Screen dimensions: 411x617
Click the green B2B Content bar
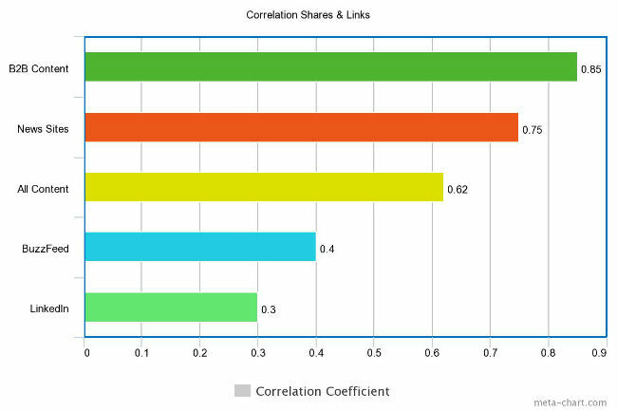coord(330,66)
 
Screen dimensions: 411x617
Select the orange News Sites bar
coord(301,127)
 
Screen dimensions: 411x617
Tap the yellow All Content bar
coord(264,187)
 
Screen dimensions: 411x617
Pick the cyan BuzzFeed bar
coord(199,247)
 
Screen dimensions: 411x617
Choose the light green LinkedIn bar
coord(171,307)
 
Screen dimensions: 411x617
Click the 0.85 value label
coord(591,70)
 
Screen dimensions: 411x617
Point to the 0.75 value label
coord(533,130)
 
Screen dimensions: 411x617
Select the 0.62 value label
coord(458,190)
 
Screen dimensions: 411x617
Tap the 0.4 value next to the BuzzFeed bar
coord(327,250)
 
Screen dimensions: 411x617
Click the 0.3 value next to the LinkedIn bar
coord(269,309)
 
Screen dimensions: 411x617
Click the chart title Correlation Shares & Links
coord(307,14)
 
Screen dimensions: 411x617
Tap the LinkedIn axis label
coord(49,308)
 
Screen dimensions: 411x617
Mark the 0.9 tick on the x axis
coord(599,353)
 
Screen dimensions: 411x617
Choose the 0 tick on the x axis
coord(86,353)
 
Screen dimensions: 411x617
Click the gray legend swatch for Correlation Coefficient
coord(242,391)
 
